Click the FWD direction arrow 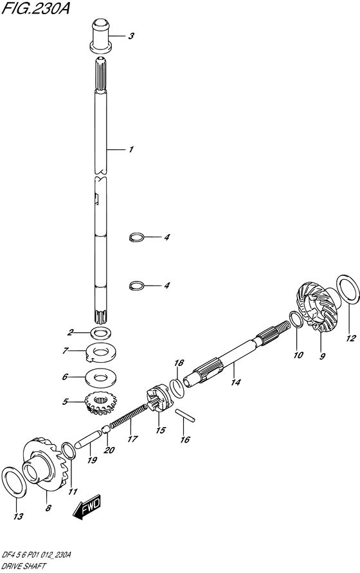click(x=87, y=508)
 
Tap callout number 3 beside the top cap click(x=131, y=36)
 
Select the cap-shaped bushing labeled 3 click(x=100, y=35)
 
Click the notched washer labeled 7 click(x=100, y=352)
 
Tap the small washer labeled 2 click(x=100, y=333)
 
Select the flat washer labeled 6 click(x=100, y=377)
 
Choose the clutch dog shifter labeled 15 click(x=158, y=398)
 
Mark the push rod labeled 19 click(x=87, y=439)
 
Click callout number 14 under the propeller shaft click(x=236, y=382)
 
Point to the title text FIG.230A click(x=35, y=8)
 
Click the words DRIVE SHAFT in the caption click(x=24, y=567)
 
